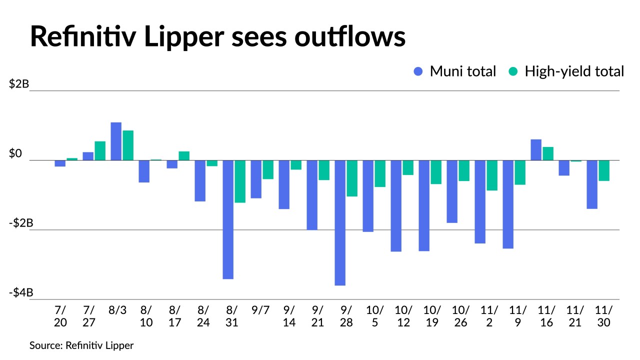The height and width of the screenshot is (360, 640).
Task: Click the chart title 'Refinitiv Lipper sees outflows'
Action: (x=217, y=36)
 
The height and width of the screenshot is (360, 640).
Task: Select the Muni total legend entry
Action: (x=454, y=71)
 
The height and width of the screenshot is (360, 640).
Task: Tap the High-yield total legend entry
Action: (x=566, y=71)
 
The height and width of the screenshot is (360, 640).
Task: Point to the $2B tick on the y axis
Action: (x=19, y=84)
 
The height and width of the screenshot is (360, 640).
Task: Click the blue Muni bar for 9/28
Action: (x=340, y=222)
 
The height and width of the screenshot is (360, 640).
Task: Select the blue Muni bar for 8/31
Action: (x=228, y=219)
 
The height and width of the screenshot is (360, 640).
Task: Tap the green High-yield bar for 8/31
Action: (x=240, y=181)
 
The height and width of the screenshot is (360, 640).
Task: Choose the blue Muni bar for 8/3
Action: (x=116, y=141)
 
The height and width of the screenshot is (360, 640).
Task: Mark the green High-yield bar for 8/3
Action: (x=128, y=145)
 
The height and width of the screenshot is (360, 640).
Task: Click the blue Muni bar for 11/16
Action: (x=536, y=150)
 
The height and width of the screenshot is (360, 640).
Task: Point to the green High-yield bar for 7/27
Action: (x=100, y=151)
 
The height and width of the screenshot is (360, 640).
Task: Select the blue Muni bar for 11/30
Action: (x=592, y=184)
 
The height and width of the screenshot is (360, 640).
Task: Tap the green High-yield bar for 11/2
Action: (x=492, y=175)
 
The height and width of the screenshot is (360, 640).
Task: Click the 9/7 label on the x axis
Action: (x=260, y=309)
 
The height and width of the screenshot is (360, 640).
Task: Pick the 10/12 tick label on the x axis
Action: (x=403, y=316)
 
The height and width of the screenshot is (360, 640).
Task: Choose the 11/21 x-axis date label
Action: (x=575, y=316)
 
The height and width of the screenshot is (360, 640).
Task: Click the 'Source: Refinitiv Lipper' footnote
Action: (x=81, y=345)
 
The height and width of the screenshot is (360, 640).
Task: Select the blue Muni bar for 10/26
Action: (x=452, y=191)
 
